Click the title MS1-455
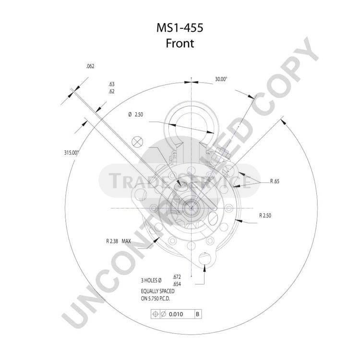coord(180,28)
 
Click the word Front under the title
coord(180,43)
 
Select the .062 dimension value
coord(90,66)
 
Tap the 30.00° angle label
coord(221,79)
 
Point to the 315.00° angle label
coord(72,153)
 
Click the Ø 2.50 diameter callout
coord(136,114)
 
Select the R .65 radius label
coord(275,181)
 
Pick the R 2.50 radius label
coord(265,216)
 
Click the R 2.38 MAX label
coord(119,241)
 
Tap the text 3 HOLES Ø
coord(151,280)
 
